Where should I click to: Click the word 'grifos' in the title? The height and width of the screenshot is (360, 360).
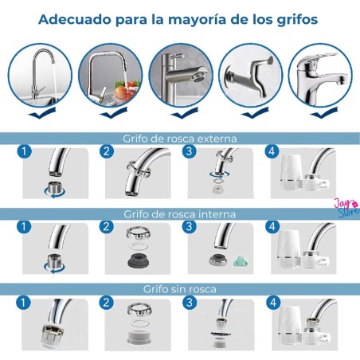click(x=297, y=20)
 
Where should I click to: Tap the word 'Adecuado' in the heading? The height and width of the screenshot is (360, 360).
click(x=72, y=19)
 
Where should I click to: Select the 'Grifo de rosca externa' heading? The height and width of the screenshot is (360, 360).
click(x=180, y=139)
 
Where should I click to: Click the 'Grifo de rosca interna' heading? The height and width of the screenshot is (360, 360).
click(x=180, y=214)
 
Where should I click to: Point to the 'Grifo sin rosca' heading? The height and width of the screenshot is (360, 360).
click(x=180, y=289)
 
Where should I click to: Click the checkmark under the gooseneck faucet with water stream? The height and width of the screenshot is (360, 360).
click(x=42, y=113)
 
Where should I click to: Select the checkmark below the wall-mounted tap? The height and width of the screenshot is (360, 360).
click(x=255, y=113)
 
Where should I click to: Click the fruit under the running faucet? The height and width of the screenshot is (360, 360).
click(x=122, y=91)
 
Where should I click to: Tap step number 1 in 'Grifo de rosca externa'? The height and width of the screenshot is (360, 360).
click(x=24, y=151)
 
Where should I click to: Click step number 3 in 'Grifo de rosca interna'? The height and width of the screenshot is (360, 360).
click(x=189, y=227)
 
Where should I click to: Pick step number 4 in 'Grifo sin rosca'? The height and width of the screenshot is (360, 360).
click(x=273, y=303)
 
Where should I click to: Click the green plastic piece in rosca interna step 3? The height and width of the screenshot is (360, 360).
click(x=241, y=261)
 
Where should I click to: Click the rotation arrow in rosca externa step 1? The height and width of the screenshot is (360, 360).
click(x=55, y=192)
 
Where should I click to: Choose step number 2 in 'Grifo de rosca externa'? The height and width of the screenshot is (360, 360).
click(x=107, y=151)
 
